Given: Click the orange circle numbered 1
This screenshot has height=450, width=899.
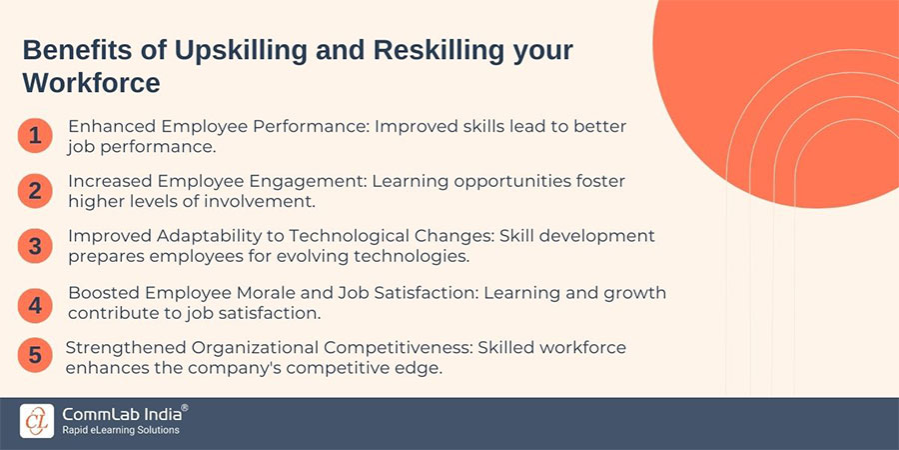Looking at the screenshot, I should point(35,135).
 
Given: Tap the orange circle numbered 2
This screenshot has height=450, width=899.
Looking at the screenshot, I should point(35,190).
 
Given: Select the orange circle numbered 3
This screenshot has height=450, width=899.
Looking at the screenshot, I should point(35,245).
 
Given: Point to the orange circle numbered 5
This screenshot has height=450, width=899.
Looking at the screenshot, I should point(35,357).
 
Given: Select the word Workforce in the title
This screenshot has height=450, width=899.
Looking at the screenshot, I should point(91,82).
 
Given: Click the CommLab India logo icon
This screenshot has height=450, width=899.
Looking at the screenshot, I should point(36,419).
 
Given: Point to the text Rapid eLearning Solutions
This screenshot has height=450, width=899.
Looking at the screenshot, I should point(121,430).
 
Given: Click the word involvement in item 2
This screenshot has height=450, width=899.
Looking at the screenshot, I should point(265,200).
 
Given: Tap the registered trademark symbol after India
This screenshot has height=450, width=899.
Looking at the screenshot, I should point(184,408).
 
